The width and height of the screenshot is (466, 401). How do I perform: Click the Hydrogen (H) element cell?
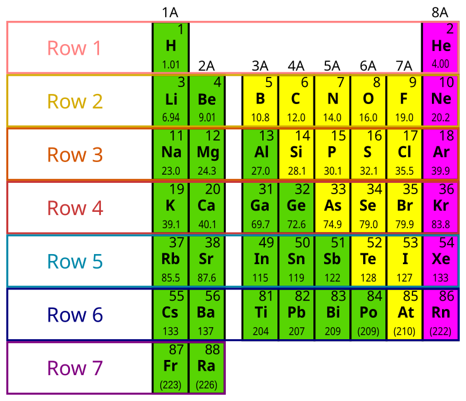171,47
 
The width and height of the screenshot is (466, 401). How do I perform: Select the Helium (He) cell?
441,47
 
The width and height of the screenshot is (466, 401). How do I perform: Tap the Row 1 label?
74,48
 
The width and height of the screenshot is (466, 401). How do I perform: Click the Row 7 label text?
74,368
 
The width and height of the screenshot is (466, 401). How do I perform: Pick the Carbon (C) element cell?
296,100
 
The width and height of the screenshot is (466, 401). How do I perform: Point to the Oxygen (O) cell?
368,100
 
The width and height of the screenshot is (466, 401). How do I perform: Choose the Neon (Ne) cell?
441,100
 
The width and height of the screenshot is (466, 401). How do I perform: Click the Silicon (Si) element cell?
296,154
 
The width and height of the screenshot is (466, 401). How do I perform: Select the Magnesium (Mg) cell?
207,154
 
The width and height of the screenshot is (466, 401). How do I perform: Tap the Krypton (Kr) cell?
441,207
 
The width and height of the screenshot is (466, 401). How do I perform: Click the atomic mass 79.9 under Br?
404,224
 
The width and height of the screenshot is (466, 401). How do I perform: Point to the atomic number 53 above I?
411,243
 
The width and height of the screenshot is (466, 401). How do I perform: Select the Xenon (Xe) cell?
441,260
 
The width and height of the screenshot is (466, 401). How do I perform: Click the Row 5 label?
74,261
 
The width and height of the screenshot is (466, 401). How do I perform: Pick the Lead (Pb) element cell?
296,313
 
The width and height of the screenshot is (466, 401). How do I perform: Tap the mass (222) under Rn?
441,331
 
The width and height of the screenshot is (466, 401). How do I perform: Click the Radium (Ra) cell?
207,367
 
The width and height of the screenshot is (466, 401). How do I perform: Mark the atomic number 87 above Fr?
177,349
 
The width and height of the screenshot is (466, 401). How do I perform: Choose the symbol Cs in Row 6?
171,313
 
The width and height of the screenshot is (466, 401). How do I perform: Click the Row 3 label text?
74,154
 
